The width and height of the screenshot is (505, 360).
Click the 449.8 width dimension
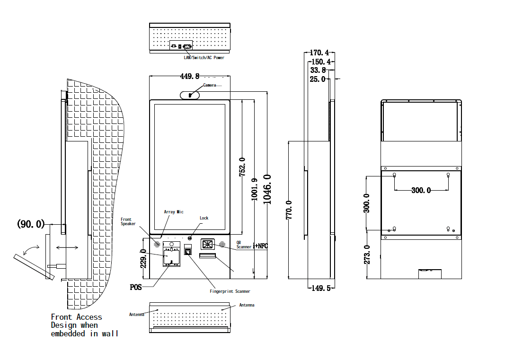[190, 76]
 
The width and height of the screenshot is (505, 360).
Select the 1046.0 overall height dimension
[267, 189]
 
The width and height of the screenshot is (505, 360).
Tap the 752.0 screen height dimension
[242, 167]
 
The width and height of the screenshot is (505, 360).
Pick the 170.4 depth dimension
[319, 53]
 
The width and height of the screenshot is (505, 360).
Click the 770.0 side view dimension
[289, 209]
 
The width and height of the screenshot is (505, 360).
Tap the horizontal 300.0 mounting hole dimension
[421, 190]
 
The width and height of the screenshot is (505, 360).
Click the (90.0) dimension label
[31, 224]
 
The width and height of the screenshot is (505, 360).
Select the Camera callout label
[210, 85]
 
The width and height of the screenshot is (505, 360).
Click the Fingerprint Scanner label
[230, 291]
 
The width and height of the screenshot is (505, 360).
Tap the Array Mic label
[173, 212]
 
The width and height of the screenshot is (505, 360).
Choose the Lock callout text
[204, 218]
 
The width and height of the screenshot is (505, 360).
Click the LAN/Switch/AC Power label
[204, 58]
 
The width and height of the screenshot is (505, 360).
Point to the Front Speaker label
[128, 221]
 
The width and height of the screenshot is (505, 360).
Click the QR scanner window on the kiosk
[207, 244]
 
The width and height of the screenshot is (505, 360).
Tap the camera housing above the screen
[190, 95]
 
